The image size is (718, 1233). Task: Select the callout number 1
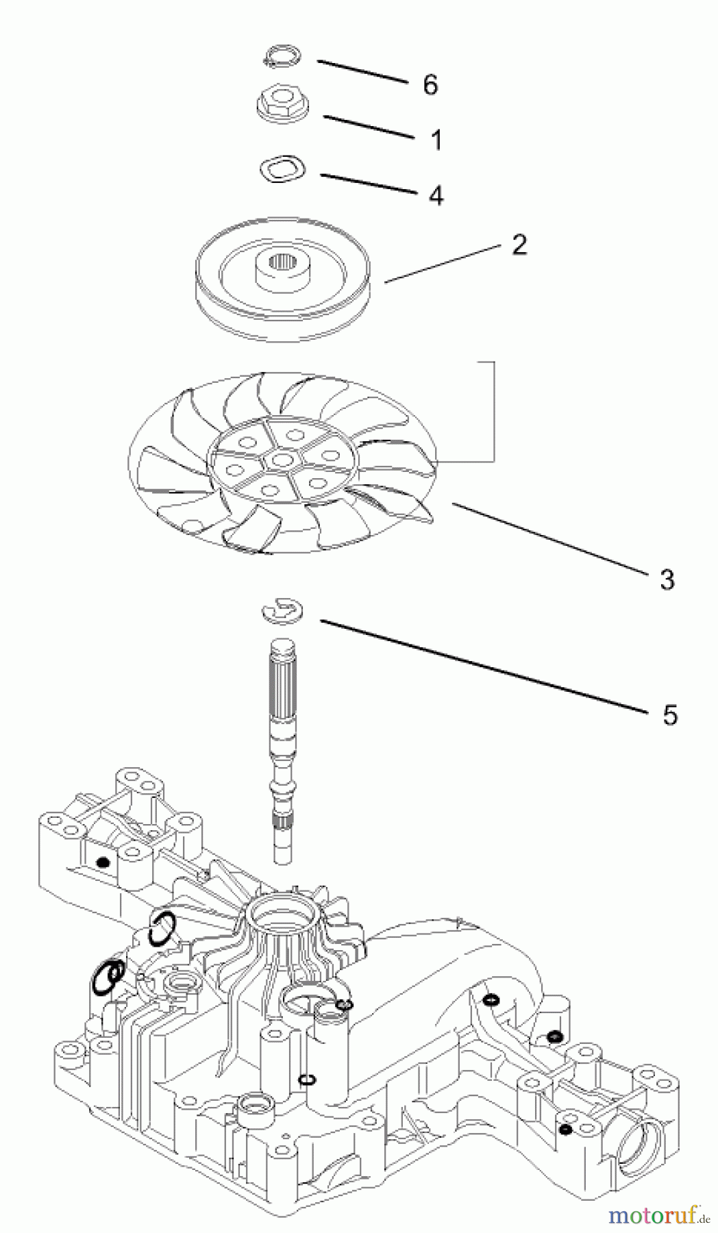(x=436, y=140)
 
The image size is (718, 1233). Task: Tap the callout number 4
(x=436, y=195)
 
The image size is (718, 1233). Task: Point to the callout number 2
(x=519, y=245)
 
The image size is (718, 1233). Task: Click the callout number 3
(x=667, y=579)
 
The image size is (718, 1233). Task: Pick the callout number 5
(x=669, y=714)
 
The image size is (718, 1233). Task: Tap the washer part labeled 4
(x=282, y=170)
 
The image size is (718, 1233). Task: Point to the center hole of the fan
(x=279, y=460)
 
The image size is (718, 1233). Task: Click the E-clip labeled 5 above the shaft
(x=283, y=611)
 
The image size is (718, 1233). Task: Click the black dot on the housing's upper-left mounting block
(x=102, y=862)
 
